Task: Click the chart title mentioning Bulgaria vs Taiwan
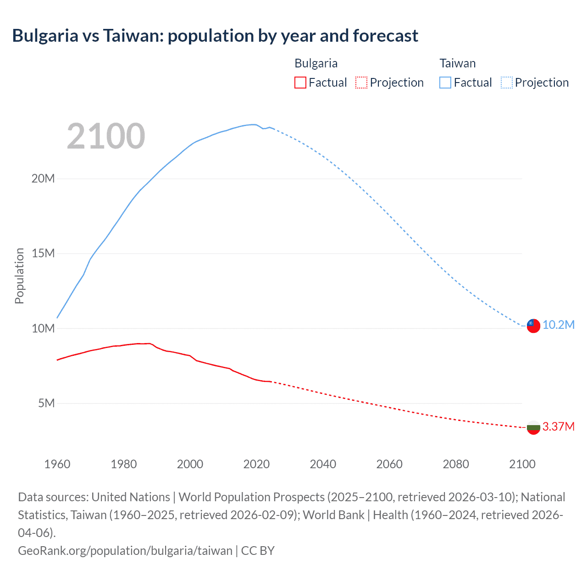pyautogui.click(x=215, y=36)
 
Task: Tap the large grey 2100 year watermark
pyautogui.click(x=106, y=136)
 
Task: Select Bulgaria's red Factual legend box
pyautogui.click(x=300, y=83)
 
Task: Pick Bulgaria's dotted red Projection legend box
pyautogui.click(x=361, y=83)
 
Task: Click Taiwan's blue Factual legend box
pyautogui.click(x=445, y=83)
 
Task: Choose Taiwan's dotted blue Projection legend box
pyautogui.click(x=507, y=83)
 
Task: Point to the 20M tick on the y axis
pyautogui.click(x=43, y=178)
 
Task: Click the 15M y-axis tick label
pyautogui.click(x=43, y=253)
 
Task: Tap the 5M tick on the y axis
pyautogui.click(x=46, y=403)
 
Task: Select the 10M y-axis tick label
pyautogui.click(x=43, y=328)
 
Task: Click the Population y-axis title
pyautogui.click(x=19, y=276)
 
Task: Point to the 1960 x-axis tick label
pyautogui.click(x=57, y=464)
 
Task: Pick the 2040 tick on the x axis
pyautogui.click(x=323, y=464)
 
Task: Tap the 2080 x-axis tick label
pyautogui.click(x=456, y=464)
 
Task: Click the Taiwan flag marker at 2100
pyautogui.click(x=533, y=326)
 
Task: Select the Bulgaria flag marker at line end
pyautogui.click(x=533, y=427)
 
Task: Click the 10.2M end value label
pyautogui.click(x=559, y=325)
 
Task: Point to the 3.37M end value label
pyautogui.click(x=559, y=426)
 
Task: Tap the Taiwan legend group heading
pyautogui.click(x=458, y=63)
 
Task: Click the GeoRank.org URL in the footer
pyautogui.click(x=125, y=550)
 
